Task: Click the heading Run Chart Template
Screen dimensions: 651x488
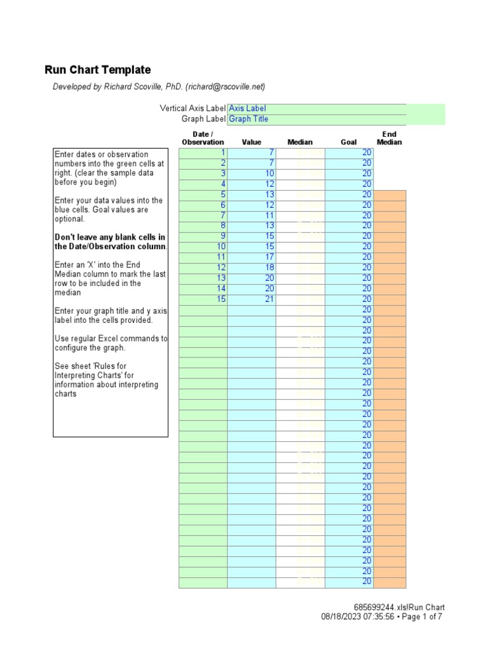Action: pos(98,70)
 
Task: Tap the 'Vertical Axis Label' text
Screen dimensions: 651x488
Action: pos(192,109)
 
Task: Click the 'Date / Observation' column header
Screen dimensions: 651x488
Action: pos(203,138)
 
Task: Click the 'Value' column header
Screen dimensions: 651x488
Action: pos(251,142)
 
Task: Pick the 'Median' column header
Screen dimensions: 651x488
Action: pos(300,142)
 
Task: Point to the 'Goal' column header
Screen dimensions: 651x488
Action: pos(348,142)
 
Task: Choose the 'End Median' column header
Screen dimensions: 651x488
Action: pos(389,138)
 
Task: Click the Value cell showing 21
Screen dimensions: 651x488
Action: pos(252,299)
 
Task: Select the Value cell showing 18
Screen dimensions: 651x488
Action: pos(252,268)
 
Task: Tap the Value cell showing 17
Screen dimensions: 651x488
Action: pos(252,257)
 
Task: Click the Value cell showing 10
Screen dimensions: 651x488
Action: pos(252,174)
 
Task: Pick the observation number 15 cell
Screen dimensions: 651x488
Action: pos(203,299)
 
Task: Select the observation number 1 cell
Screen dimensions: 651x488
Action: pos(203,153)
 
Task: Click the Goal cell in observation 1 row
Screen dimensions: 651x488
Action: pos(349,153)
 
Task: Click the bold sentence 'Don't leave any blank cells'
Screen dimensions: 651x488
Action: pos(110,242)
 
